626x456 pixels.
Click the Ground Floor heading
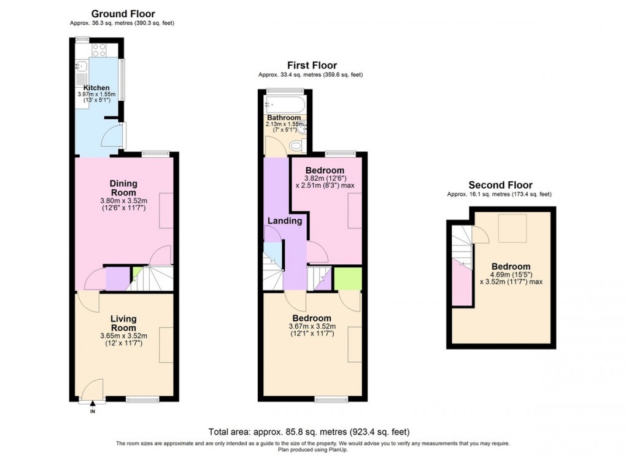[x=123, y=14]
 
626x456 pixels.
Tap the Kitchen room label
[x=96, y=88]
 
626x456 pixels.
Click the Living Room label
[x=123, y=323]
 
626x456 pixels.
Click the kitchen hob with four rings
[x=98, y=50]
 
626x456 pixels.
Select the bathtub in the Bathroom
[x=284, y=104]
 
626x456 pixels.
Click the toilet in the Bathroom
[x=296, y=145]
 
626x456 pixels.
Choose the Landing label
[x=284, y=221]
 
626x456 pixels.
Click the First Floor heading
[x=312, y=65]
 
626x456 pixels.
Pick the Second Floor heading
[x=500, y=184]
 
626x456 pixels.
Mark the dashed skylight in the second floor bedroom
[x=514, y=229]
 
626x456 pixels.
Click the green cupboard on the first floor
[x=347, y=278]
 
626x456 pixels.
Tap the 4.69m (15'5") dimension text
[x=515, y=275]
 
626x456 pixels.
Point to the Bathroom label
[x=284, y=117]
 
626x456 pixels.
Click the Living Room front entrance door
[x=93, y=390]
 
